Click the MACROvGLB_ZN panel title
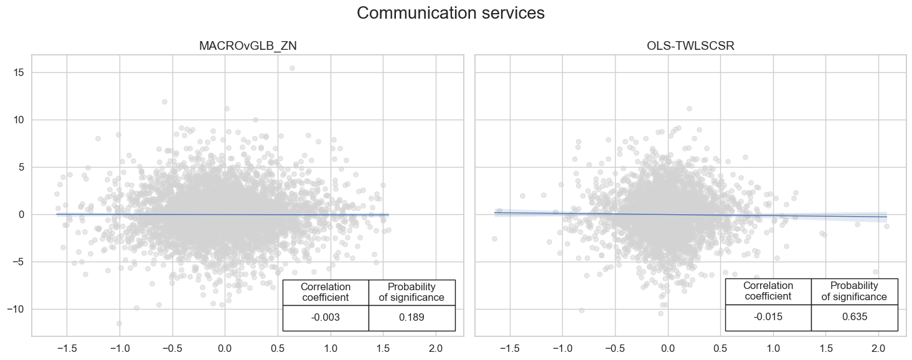tap(248, 45)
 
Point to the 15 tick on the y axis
tap(19, 72)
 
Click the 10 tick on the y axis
tap(19, 120)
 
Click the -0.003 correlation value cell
tap(325, 318)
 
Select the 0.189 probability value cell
tap(411, 318)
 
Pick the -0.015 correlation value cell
tap(768, 317)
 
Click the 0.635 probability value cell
tap(854, 317)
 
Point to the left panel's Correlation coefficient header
tap(325, 292)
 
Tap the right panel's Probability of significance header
tap(854, 291)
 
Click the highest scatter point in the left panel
tap(292, 69)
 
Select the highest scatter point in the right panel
tap(689, 108)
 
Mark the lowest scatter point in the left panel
tap(119, 323)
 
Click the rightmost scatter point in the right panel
tap(886, 226)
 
